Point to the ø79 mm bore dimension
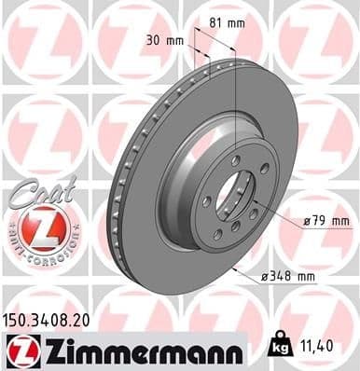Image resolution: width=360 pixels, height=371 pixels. click(x=325, y=221)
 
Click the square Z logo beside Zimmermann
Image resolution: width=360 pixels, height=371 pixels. click(x=18, y=350)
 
